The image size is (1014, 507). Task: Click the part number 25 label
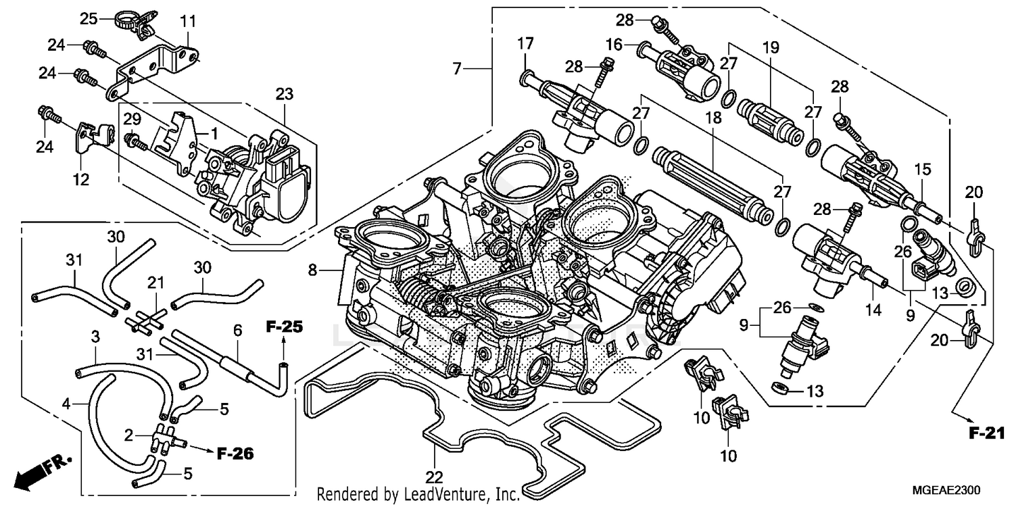(89, 18)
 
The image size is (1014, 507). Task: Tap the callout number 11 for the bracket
(187, 22)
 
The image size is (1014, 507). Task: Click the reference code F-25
(283, 327)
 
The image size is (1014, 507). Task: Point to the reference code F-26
(235, 454)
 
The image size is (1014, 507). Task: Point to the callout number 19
(770, 47)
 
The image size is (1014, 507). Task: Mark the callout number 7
(458, 68)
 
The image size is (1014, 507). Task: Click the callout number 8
(312, 271)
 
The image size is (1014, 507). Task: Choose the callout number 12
(81, 180)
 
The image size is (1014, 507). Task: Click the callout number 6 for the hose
(237, 330)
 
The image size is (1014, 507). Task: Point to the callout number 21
(156, 299)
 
